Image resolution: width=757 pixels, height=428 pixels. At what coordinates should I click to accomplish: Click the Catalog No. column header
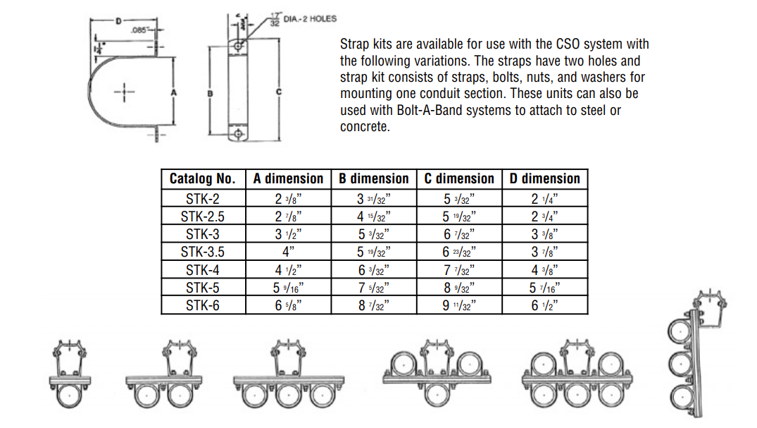pyautogui.click(x=203, y=179)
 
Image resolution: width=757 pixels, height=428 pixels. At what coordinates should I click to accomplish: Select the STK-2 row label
pyautogui.click(x=203, y=199)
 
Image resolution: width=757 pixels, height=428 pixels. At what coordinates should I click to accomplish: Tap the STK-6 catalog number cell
pyautogui.click(x=203, y=305)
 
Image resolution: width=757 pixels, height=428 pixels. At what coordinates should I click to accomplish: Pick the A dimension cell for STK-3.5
pyautogui.click(x=288, y=252)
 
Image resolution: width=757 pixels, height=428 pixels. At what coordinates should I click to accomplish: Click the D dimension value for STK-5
pyautogui.click(x=544, y=288)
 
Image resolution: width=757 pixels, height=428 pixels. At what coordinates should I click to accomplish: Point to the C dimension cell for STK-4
pyautogui.click(x=459, y=270)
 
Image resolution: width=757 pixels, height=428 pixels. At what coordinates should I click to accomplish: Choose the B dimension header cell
pyautogui.click(x=373, y=179)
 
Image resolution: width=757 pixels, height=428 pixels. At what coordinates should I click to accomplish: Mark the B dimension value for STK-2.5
pyautogui.click(x=373, y=216)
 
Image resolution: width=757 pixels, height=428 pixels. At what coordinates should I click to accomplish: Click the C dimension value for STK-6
pyautogui.click(x=459, y=305)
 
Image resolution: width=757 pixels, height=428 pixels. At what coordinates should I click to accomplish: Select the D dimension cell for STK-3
pyautogui.click(x=544, y=234)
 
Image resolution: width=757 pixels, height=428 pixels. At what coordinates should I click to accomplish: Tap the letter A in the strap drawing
pyautogui.click(x=173, y=92)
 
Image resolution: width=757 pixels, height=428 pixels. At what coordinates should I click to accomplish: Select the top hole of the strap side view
pyautogui.click(x=239, y=47)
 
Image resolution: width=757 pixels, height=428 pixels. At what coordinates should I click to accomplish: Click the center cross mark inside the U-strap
pyautogui.click(x=124, y=92)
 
